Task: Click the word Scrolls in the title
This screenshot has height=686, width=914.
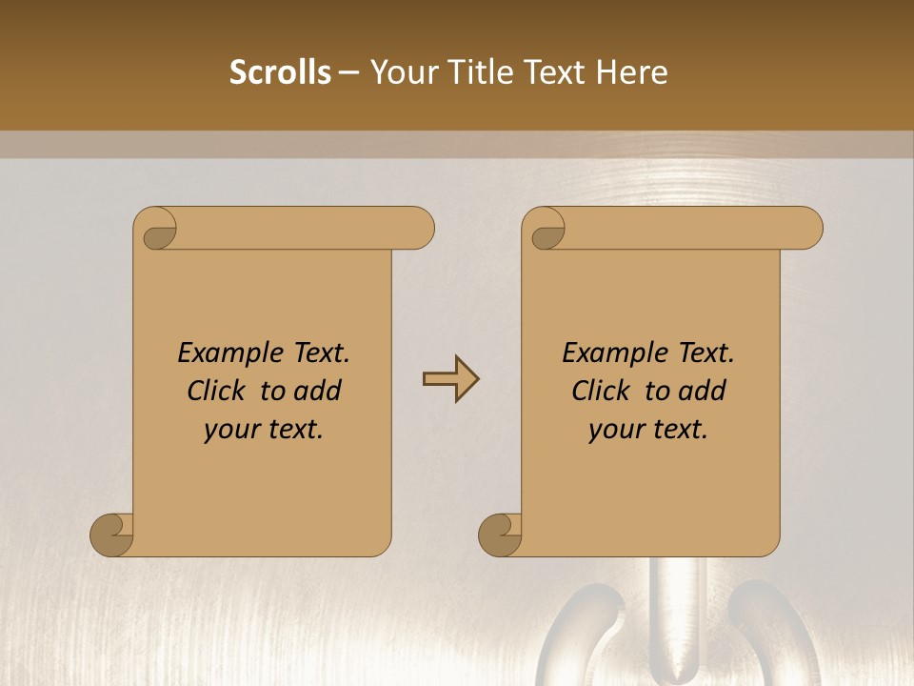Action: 280,72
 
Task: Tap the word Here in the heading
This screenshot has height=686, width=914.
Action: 631,72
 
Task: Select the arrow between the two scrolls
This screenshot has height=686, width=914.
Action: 450,379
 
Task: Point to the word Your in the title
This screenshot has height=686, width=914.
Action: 397,72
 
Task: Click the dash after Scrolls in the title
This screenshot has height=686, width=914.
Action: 348,73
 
